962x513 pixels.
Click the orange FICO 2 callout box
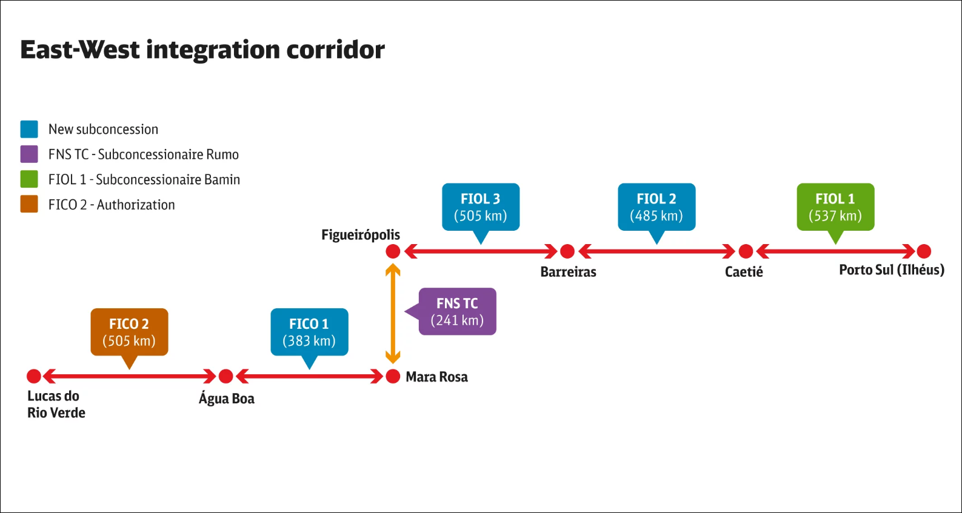(129, 332)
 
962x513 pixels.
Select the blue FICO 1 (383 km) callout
(309, 332)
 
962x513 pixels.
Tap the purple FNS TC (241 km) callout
(457, 311)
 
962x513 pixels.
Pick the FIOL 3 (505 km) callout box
(481, 207)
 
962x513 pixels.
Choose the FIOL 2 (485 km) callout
(656, 207)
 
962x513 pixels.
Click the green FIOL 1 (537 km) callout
(835, 207)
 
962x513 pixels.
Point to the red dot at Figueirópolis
(393, 251)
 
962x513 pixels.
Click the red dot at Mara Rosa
(393, 377)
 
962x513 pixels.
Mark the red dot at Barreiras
(567, 251)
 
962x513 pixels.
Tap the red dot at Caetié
(746, 251)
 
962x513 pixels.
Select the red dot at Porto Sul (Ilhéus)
(924, 251)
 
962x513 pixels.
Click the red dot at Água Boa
(225, 377)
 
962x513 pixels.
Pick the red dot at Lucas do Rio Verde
(34, 377)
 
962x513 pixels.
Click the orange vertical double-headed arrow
(393, 314)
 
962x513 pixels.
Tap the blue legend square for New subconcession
(29, 129)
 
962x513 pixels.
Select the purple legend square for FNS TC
(29, 154)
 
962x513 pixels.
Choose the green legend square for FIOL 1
(29, 179)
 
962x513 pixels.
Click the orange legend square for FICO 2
(29, 204)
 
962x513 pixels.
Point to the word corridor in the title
(335, 50)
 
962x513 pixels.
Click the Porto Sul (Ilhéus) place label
(891, 270)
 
